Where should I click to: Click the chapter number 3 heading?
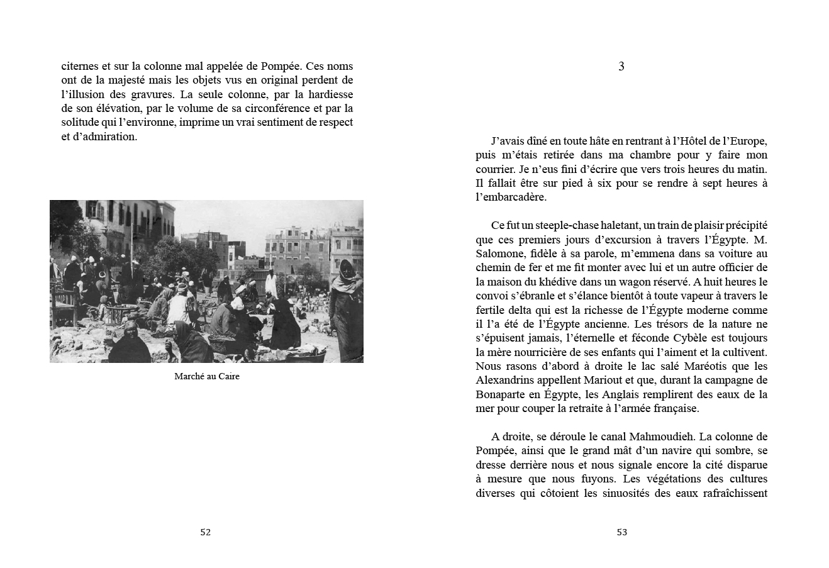click(621, 66)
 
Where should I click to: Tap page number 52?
click(205, 532)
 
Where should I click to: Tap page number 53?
click(621, 532)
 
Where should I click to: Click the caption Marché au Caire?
click(207, 377)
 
